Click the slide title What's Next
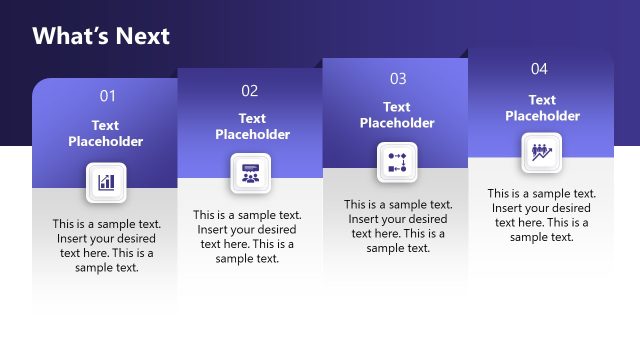(x=101, y=37)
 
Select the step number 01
(x=107, y=96)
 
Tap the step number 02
(x=250, y=91)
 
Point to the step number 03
(x=398, y=78)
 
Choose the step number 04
(x=540, y=69)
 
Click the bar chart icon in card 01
(x=106, y=182)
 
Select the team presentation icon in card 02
(x=250, y=173)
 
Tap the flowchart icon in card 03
(x=397, y=162)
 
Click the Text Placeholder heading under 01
(x=106, y=133)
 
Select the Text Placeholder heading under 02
(x=252, y=126)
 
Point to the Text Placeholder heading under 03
(x=397, y=115)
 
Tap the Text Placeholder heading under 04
(x=542, y=108)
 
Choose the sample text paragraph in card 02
(x=247, y=236)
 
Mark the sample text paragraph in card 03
(x=398, y=226)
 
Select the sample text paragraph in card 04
(x=542, y=215)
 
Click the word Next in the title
(x=141, y=37)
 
